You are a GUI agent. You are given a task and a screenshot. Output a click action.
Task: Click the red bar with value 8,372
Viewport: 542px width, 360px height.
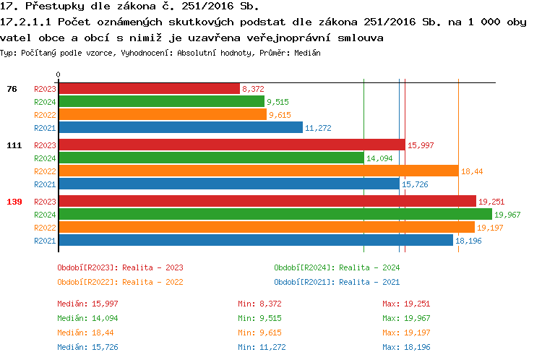tap(148, 88)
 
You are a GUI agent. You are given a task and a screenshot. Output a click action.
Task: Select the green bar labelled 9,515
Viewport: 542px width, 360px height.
tap(161, 101)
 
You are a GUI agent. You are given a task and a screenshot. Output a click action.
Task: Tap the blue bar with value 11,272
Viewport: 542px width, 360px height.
tap(180, 127)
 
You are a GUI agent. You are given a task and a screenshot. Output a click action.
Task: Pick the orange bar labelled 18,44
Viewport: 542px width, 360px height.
tap(258, 171)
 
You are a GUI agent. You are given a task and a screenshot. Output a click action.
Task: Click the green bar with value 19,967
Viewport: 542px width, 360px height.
tap(275, 214)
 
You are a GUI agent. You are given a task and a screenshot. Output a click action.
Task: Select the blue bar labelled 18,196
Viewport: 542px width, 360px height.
tap(255, 240)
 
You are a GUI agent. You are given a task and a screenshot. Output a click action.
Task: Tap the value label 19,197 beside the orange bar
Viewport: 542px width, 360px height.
tap(490, 228)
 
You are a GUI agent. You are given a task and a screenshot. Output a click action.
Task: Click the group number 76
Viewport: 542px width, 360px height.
tap(12, 89)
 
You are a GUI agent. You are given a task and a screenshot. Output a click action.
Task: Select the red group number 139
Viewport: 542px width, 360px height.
tap(14, 202)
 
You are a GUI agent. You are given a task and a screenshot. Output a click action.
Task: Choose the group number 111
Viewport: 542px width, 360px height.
tap(14, 145)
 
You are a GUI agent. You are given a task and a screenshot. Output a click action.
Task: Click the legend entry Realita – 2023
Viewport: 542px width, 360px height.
tap(120, 267)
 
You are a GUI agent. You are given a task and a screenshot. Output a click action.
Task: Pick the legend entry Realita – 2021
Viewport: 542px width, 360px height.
tap(337, 282)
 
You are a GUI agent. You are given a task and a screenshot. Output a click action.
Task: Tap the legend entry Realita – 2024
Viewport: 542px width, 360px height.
tap(337, 267)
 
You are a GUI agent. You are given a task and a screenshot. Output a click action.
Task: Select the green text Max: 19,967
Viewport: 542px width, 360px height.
tap(406, 318)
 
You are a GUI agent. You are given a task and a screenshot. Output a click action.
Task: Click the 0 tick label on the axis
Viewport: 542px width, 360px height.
tap(59, 75)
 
